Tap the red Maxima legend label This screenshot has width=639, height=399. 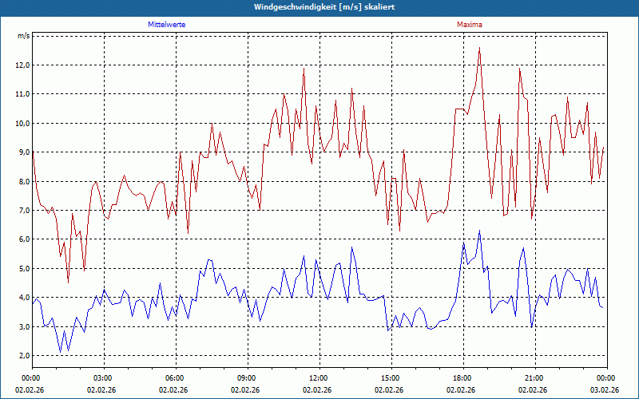(x=469, y=25)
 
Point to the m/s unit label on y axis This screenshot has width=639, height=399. (x=23, y=36)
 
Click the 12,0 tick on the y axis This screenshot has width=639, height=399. (x=22, y=65)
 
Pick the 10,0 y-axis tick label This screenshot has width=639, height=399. (x=22, y=123)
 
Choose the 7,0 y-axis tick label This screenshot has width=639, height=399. (x=22, y=210)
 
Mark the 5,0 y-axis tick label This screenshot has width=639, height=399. (x=22, y=268)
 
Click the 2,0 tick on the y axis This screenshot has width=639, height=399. (x=22, y=355)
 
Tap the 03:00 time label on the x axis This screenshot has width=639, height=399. (x=102, y=378)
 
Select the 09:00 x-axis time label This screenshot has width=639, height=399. (x=246, y=378)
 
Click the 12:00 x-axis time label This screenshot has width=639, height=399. (x=318, y=378)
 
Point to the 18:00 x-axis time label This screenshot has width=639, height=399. (x=462, y=378)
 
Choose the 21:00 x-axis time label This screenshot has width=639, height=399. (x=534, y=378)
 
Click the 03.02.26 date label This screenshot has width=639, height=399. (x=605, y=390)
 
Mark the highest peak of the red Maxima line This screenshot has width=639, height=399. (x=479, y=48)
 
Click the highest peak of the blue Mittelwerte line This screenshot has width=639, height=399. (x=479, y=231)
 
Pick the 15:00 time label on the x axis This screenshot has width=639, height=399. (x=390, y=378)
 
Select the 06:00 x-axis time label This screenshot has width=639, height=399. (x=174, y=378)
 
